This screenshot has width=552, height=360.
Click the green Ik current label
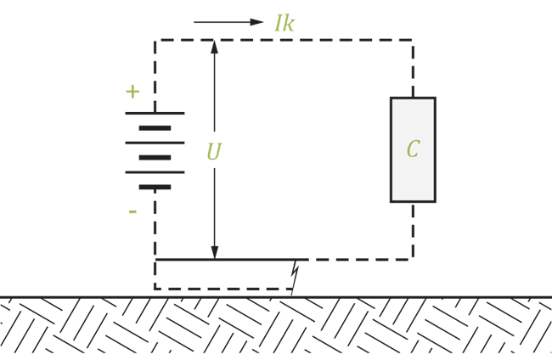click(284, 23)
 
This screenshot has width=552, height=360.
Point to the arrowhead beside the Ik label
click(256, 22)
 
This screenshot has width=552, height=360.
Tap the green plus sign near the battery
click(132, 92)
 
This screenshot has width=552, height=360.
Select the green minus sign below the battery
click(132, 211)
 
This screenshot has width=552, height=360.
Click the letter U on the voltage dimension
click(214, 152)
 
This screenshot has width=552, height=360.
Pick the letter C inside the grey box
click(413, 149)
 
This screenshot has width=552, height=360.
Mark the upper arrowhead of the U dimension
click(214, 48)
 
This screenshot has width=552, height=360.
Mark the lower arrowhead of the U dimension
click(214, 252)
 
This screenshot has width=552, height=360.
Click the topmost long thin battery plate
click(155, 113)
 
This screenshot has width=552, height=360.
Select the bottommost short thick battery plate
click(155, 187)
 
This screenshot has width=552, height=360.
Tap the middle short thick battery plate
click(155, 158)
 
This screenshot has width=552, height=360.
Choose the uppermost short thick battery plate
click(155, 128)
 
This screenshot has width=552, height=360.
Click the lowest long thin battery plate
click(155, 172)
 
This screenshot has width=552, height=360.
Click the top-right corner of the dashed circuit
click(413, 40)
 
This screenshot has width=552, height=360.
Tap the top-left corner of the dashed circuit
click(155, 41)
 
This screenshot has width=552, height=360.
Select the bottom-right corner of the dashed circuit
click(413, 260)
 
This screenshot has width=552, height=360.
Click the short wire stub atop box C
click(413, 93)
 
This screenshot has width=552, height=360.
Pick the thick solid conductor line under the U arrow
click(232, 260)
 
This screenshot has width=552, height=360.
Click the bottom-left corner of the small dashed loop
click(155, 289)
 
